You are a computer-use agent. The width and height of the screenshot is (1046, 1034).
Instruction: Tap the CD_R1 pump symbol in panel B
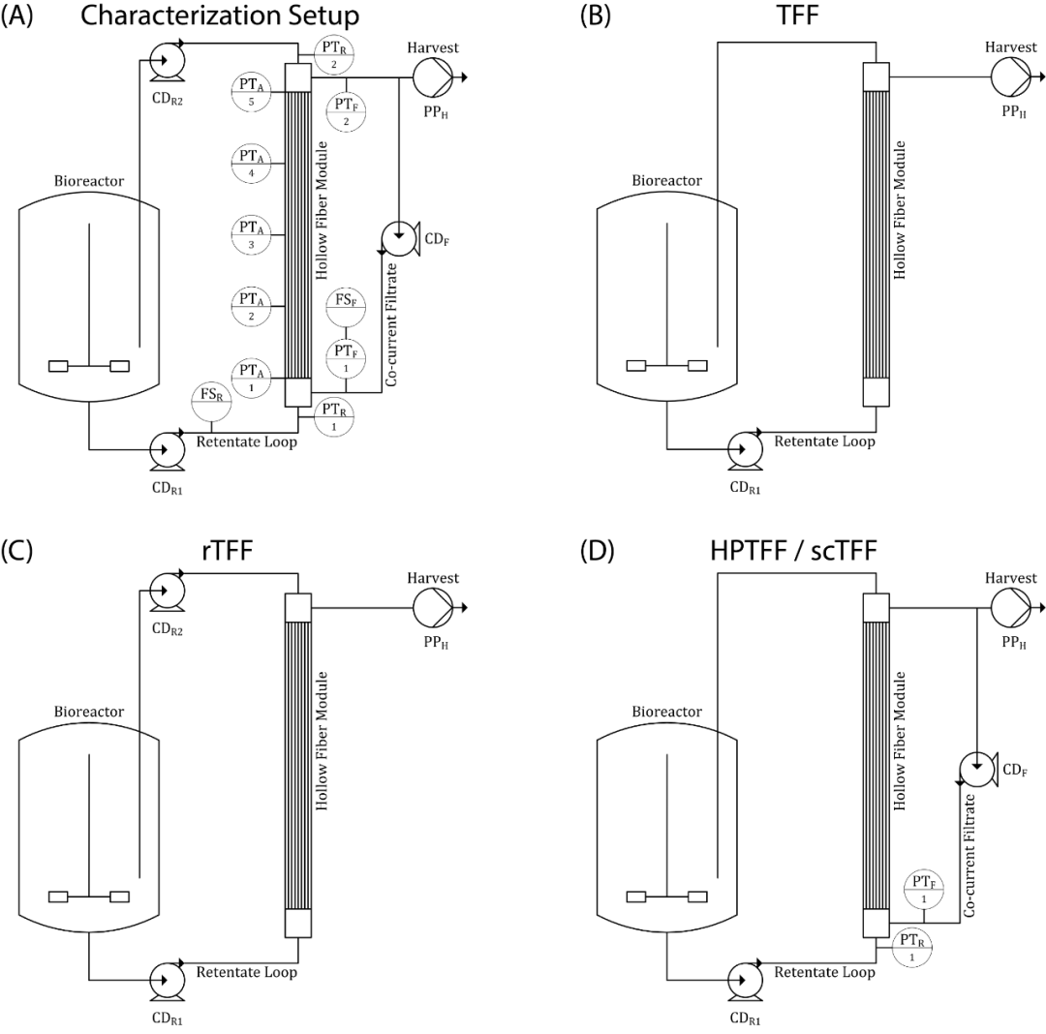[743, 450]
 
